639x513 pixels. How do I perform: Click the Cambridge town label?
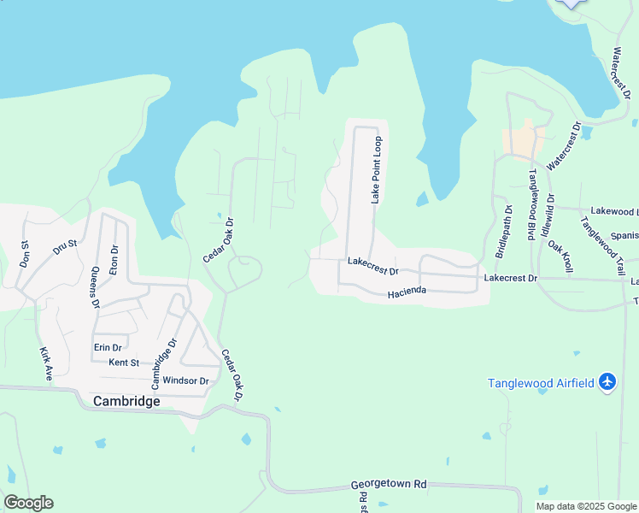[x=126, y=401]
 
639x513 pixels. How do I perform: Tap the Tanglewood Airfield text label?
[x=541, y=383]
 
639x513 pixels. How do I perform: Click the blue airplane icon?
[x=607, y=381]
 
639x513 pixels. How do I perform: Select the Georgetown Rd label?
[x=389, y=484]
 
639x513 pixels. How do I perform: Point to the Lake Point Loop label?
[x=375, y=169]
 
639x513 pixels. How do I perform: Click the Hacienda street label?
[x=407, y=292]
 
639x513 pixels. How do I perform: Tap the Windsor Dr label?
[x=185, y=380]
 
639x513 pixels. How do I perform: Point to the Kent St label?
[x=124, y=363]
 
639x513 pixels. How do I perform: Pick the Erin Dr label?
[x=108, y=347]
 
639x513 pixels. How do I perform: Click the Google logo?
[x=28, y=503]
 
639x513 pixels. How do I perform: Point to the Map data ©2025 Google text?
[x=585, y=506]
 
